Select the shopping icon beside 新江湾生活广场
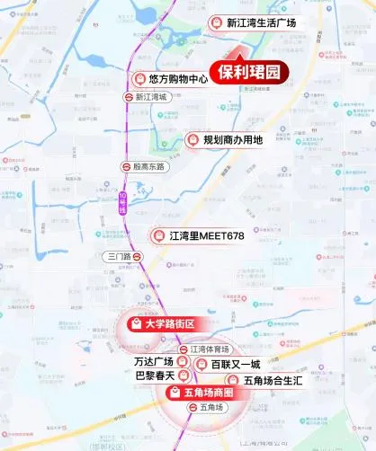[215, 22]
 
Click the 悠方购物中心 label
[178, 79]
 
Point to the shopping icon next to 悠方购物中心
[138, 79]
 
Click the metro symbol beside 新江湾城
[130, 95]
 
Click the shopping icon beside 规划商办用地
[192, 140]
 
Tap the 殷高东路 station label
[149, 166]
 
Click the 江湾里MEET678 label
[206, 236]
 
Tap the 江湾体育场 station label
[210, 349]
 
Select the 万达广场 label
[153, 363]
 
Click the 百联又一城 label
[236, 364]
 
